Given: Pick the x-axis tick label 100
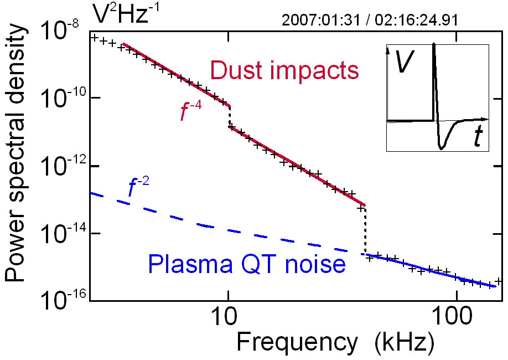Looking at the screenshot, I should point(455,318).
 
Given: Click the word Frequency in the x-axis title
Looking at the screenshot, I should point(297,343).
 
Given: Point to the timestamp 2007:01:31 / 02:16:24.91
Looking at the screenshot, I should point(370,20).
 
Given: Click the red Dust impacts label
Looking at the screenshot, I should point(284,70).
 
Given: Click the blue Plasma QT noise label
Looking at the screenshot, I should point(247,265).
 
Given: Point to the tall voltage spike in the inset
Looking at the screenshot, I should point(434,78).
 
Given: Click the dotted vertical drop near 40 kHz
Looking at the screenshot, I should point(365,230).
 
